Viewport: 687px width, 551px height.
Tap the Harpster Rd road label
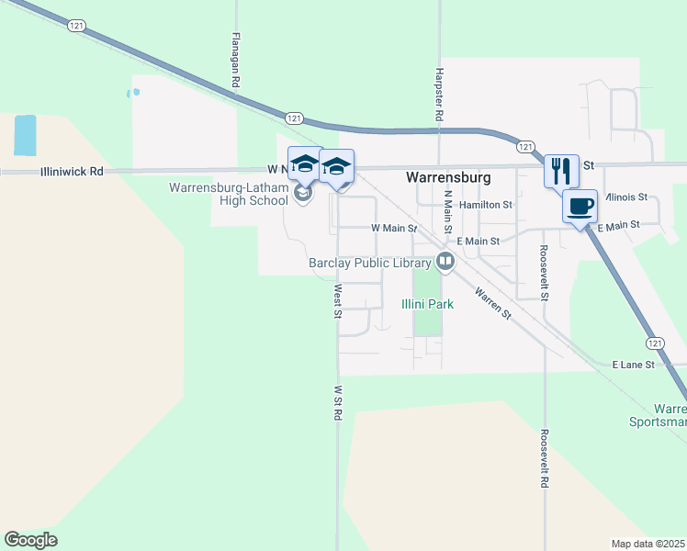440,96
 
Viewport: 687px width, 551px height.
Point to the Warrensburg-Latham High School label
228,195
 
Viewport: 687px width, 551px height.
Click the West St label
337,301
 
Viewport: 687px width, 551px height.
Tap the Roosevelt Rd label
545,458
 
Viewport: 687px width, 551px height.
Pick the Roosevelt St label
544,273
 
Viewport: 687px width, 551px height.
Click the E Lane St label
633,365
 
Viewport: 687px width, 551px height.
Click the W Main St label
394,227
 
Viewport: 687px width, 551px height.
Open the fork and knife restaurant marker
561,170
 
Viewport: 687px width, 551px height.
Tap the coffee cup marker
580,206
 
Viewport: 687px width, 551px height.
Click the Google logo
30,539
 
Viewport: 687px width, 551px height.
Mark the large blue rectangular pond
25,135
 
